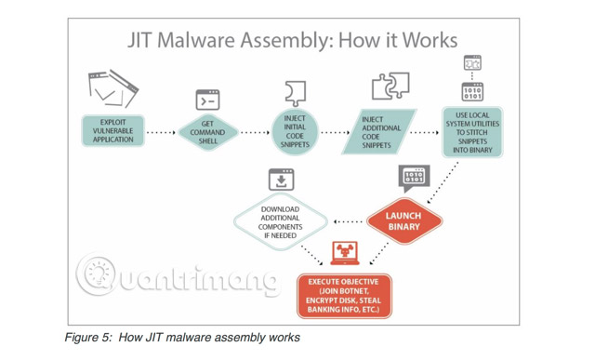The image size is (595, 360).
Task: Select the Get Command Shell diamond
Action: coord(208,132)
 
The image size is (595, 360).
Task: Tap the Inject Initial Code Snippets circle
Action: coord(295,132)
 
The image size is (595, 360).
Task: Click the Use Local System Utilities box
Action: coord(471,131)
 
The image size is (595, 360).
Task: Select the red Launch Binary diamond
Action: coord(403,220)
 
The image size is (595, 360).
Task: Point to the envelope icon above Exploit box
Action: coord(112,87)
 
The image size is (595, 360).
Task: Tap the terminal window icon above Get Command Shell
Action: coord(207,100)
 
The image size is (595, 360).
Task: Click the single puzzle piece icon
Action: coord(295,92)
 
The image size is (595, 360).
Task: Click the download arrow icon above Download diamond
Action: coord(281,179)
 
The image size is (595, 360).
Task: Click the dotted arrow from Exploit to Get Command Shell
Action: coord(161,132)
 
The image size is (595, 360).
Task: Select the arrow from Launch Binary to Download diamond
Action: coord(348,221)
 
